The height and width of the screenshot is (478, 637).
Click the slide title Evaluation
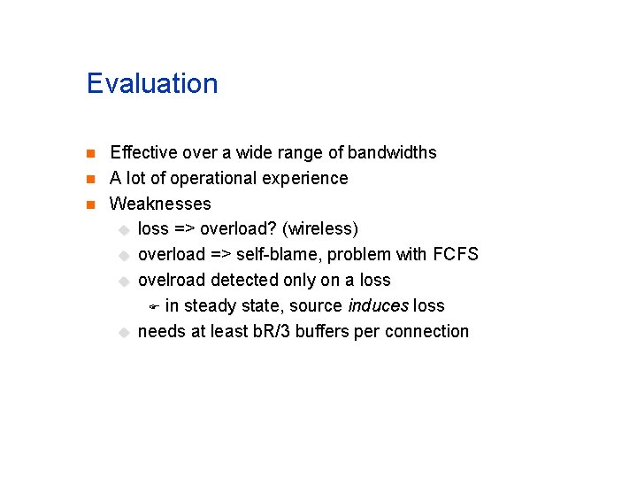tap(152, 83)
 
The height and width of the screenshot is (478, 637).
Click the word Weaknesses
tap(160, 204)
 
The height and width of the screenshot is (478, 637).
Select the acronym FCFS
tap(456, 255)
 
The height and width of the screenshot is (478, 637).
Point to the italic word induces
tap(378, 306)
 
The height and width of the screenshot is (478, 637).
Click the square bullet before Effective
tap(91, 153)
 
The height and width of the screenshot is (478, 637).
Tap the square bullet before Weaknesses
tap(91, 204)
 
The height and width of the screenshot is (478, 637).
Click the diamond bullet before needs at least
tap(124, 333)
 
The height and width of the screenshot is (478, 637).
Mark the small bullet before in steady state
tap(152, 307)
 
